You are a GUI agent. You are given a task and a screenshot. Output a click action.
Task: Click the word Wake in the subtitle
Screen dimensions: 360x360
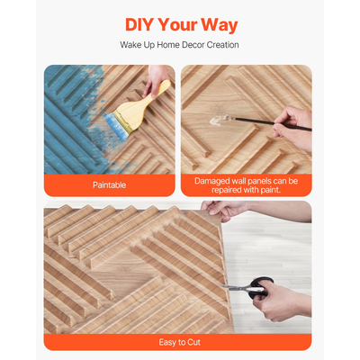[x=130, y=45]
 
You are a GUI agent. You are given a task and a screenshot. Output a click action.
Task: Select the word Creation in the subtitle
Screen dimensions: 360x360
[x=223, y=45]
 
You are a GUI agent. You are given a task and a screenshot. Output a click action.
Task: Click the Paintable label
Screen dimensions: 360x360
[x=109, y=184]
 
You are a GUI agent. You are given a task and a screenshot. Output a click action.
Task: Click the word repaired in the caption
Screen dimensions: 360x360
[x=226, y=190]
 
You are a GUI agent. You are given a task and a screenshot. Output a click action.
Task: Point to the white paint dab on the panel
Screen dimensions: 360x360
[x=218, y=121]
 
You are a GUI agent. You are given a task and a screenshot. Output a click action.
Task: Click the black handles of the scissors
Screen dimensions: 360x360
[x=261, y=287]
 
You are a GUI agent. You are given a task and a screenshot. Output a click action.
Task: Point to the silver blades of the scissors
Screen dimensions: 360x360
[x=240, y=288]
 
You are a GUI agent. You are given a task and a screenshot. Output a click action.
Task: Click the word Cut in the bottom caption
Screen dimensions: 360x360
[x=193, y=342]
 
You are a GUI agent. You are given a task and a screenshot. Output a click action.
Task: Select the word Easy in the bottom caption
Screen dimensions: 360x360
[x=167, y=342]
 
